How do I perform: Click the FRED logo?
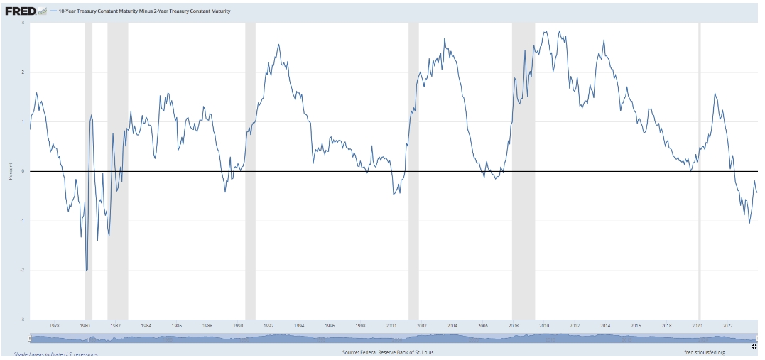click(x=21, y=11)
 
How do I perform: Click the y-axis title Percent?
click(x=11, y=171)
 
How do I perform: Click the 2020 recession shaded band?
click(x=700, y=170)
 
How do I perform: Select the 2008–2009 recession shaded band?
click(x=523, y=170)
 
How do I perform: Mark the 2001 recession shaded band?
click(x=413, y=170)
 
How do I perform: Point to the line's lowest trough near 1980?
click(x=87, y=271)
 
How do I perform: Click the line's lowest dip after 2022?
click(x=749, y=223)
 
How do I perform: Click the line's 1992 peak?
click(x=278, y=45)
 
